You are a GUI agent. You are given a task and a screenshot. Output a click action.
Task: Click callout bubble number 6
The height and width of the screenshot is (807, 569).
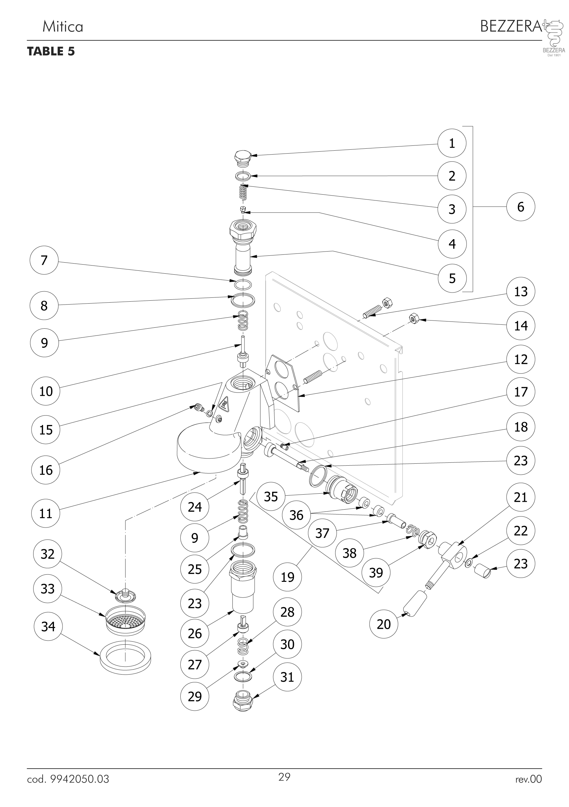pyautogui.click(x=520, y=207)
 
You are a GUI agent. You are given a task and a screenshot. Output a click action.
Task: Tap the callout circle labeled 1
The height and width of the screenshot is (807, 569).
pyautogui.click(x=452, y=143)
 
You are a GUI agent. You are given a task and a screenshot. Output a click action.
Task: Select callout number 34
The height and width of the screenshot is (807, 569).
pyautogui.click(x=48, y=626)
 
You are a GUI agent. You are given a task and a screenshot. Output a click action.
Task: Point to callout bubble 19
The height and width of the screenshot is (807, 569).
pyautogui.click(x=287, y=577)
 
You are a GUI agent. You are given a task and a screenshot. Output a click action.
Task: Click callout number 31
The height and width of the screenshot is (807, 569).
pyautogui.click(x=287, y=677)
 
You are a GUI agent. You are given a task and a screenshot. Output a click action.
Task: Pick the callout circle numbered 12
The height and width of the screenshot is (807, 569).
pyautogui.click(x=520, y=359)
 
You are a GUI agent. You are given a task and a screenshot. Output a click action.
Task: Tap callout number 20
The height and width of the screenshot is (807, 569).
pyautogui.click(x=384, y=624)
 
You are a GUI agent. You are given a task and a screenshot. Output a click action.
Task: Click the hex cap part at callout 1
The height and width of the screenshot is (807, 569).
pyautogui.click(x=242, y=158)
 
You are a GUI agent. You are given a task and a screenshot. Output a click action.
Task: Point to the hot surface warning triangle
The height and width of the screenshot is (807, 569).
pyautogui.click(x=224, y=404)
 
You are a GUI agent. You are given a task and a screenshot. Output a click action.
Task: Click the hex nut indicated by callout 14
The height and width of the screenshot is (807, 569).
pyautogui.click(x=415, y=319)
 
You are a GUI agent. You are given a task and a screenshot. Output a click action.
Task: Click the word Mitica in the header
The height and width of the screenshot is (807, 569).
pyautogui.click(x=62, y=27)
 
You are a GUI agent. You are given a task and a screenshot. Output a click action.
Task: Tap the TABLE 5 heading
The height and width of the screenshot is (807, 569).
pyautogui.click(x=51, y=51)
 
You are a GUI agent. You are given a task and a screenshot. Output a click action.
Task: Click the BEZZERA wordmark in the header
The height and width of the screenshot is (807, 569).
pyautogui.click(x=511, y=26)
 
